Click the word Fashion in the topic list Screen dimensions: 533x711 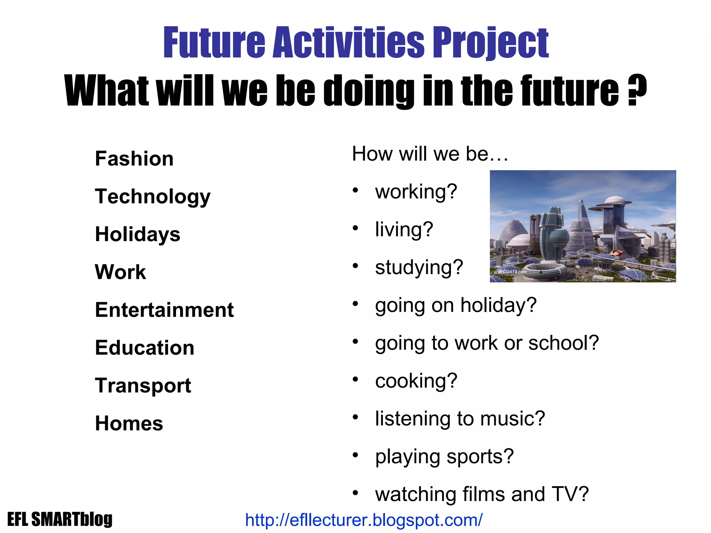tap(134, 159)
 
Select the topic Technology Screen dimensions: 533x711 tap(153, 197)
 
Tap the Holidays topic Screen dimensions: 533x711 tap(137, 234)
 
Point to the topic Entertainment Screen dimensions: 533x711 tap(164, 310)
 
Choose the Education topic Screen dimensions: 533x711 tap(144, 348)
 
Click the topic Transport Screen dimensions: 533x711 tap(143, 386)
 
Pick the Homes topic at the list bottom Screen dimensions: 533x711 tap(129, 423)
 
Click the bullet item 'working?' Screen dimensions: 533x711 tap(416, 192)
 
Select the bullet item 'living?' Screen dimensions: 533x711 tap(404, 229)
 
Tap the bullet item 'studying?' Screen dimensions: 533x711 tap(419, 267)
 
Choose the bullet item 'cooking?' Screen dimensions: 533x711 tap(416, 381)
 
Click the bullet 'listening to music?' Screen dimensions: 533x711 tap(460, 418)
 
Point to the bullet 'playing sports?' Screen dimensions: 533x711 tap(444, 456)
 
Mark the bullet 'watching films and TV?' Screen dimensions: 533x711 tap(482, 494)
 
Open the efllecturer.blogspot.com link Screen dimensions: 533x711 tap(363, 520)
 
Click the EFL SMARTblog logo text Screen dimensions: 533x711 tap(60, 519)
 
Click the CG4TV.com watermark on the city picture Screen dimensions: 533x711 tap(512, 272)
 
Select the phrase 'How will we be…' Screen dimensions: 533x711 tap(430, 154)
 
